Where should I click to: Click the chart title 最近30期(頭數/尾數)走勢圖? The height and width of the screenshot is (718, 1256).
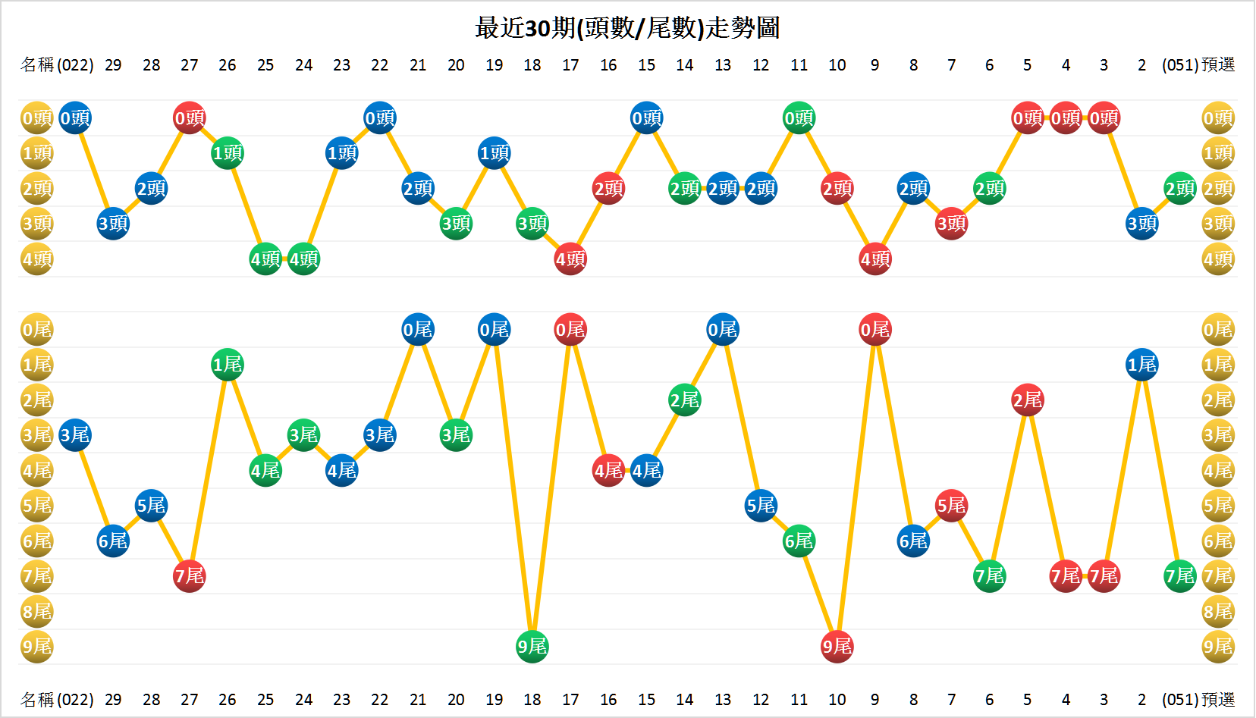pyautogui.click(x=627, y=28)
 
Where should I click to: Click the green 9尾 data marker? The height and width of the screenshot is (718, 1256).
pyautogui.click(x=532, y=647)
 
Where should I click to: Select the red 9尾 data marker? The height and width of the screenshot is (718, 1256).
pyautogui.click(x=837, y=647)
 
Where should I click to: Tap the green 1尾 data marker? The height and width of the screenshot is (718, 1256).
pyautogui.click(x=228, y=365)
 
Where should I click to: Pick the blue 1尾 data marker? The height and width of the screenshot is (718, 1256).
pyautogui.click(x=1141, y=365)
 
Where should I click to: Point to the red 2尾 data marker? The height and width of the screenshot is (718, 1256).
pyautogui.click(x=1028, y=400)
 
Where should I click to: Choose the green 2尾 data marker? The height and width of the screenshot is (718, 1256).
pyautogui.click(x=685, y=400)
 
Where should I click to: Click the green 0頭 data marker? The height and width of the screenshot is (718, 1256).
pyautogui.click(x=799, y=118)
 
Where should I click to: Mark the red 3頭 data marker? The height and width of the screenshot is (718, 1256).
pyautogui.click(x=951, y=224)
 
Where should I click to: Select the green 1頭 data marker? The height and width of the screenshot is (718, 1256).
pyautogui.click(x=228, y=153)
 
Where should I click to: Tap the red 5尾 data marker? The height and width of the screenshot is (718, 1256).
pyautogui.click(x=951, y=505)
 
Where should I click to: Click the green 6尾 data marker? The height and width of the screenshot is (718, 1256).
pyautogui.click(x=799, y=541)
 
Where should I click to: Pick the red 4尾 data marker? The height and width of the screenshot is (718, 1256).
pyautogui.click(x=608, y=470)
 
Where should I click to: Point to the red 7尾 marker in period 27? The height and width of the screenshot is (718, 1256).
pyautogui.click(x=190, y=576)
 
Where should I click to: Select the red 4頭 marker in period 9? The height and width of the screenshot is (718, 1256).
pyautogui.click(x=875, y=259)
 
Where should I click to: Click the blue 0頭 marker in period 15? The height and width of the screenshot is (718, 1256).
pyautogui.click(x=646, y=118)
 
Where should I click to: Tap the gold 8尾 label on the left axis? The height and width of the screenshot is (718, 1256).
pyautogui.click(x=36, y=611)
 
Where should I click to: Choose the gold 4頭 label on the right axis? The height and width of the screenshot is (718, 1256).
pyautogui.click(x=1218, y=259)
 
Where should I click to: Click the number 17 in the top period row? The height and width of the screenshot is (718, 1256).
pyautogui.click(x=570, y=65)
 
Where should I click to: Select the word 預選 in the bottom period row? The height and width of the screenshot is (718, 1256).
pyautogui.click(x=1218, y=700)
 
